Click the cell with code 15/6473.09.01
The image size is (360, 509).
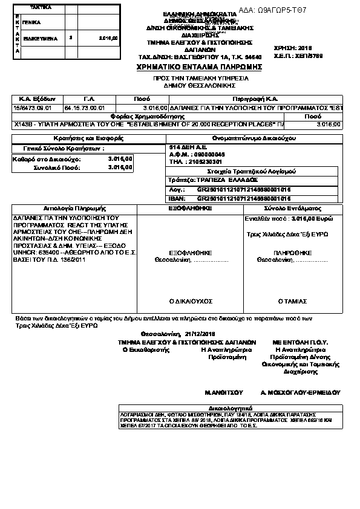[x=33, y=107]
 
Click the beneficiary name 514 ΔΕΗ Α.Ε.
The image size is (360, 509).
[x=188, y=147]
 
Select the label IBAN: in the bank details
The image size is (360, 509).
[x=177, y=198]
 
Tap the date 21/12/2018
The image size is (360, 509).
[x=200, y=333]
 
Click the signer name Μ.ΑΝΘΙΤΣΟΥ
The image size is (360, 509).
[x=224, y=392]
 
